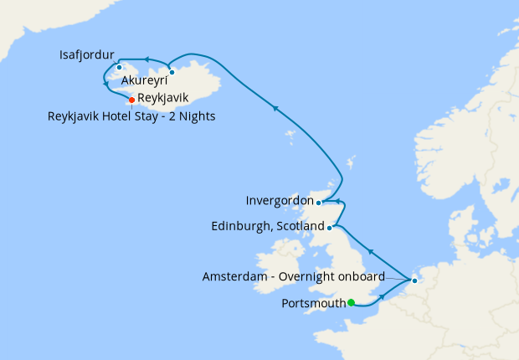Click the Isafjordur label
point(87,56)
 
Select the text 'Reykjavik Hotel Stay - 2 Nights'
point(132,116)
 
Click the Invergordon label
point(279,201)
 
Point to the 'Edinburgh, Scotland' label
point(266,227)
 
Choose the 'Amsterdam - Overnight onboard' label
point(293,276)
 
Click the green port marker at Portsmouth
point(352,303)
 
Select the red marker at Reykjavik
point(131,100)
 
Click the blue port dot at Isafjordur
point(120,68)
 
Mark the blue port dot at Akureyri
point(172,72)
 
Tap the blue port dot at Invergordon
point(319,202)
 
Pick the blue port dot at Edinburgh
point(330,227)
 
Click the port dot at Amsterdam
point(414,280)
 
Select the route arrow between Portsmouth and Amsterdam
point(382,297)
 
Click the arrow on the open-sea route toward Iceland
point(275,107)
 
